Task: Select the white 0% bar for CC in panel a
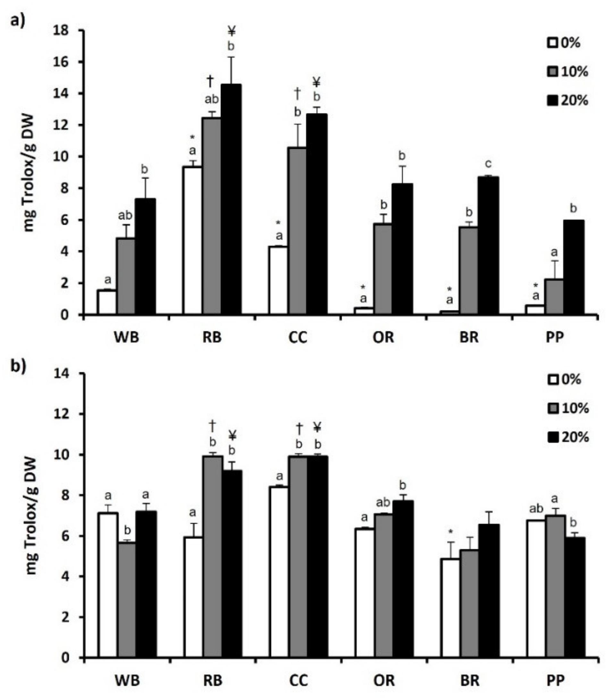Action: pos(279,280)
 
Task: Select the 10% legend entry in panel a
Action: pos(569,72)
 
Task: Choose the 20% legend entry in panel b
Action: pos(569,438)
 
